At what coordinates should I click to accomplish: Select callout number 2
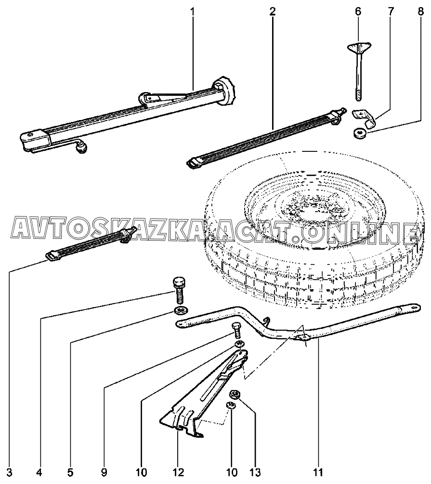click(273, 11)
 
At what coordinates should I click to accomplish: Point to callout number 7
click(389, 11)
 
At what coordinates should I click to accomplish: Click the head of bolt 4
click(179, 282)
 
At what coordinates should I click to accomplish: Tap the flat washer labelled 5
click(181, 309)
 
